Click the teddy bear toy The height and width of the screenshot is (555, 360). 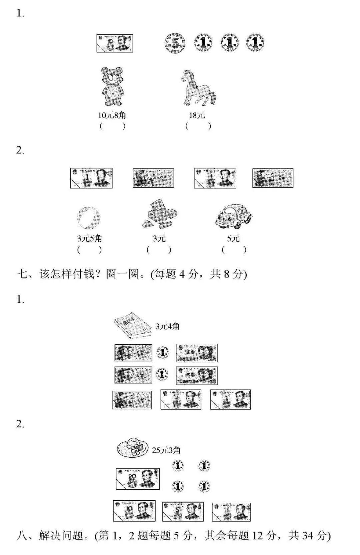coord(112,86)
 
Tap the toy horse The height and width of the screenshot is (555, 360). coord(198,88)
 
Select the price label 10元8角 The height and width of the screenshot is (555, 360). coord(112,115)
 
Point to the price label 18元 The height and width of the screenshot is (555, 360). coord(197,115)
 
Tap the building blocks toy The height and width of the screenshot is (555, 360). coord(159,214)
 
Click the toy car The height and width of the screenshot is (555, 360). coord(234,216)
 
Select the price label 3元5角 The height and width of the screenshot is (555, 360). coord(89,238)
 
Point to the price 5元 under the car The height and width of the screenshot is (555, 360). coord(233,238)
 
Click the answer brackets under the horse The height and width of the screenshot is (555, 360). coord(198,126)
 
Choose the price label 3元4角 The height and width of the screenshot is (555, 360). coord(167,326)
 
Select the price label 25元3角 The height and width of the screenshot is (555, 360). coord(166,450)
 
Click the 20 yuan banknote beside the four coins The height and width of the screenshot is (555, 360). coord(138,479)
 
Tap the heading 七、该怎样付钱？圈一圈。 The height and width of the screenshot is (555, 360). coord(132,274)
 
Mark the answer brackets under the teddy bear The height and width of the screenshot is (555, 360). coord(112,126)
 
